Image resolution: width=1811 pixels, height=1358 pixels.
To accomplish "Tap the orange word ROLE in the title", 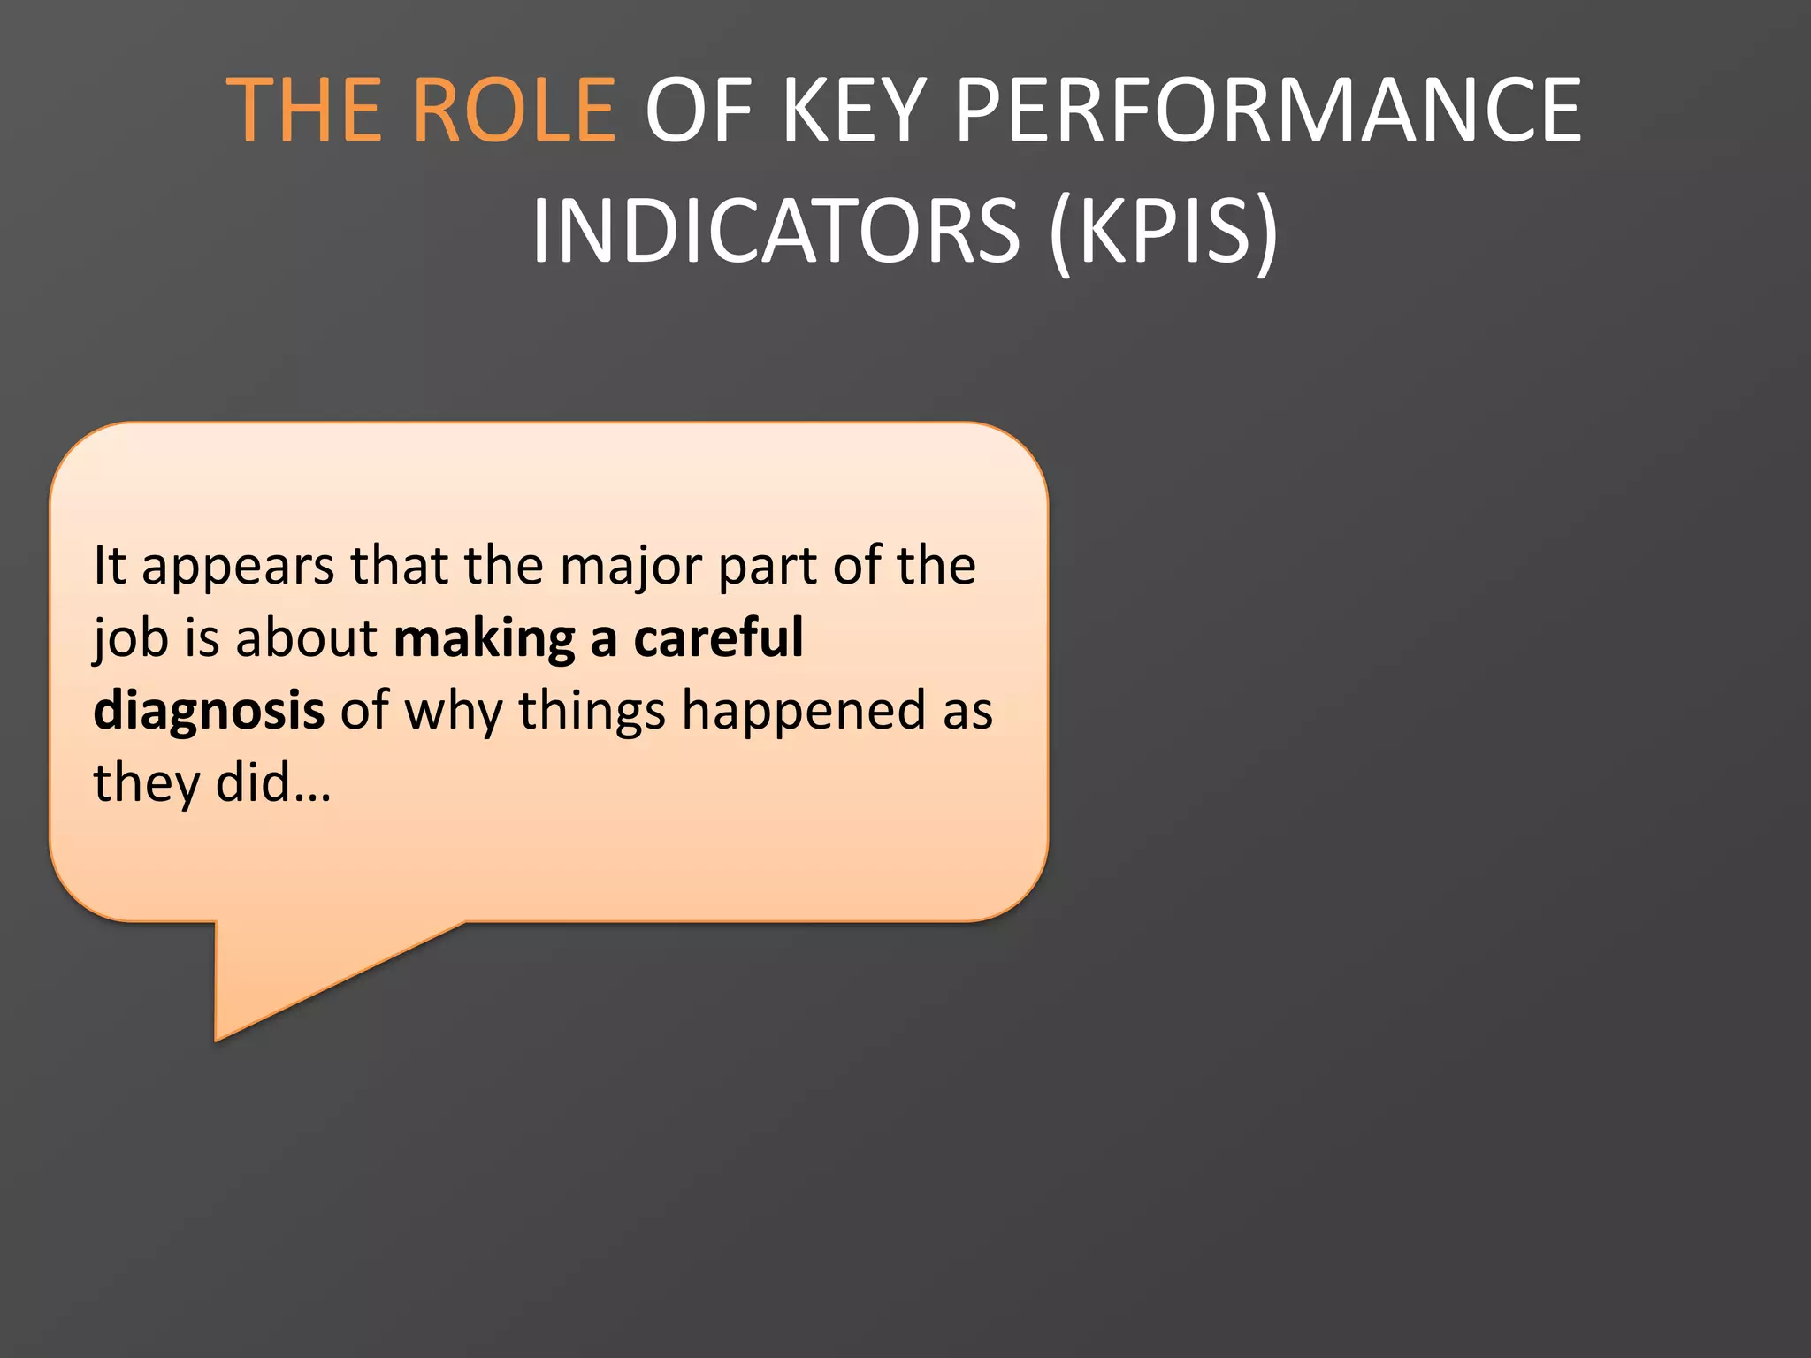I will pyautogui.click(x=514, y=111).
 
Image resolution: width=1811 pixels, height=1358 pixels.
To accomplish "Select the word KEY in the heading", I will pyautogui.click(x=853, y=111).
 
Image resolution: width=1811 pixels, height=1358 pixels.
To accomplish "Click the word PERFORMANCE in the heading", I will pyautogui.click(x=1268, y=111).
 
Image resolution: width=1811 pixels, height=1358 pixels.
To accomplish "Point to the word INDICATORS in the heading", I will pyautogui.click(x=776, y=231).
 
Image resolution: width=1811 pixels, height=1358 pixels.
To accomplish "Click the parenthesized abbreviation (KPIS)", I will pyautogui.click(x=1164, y=231).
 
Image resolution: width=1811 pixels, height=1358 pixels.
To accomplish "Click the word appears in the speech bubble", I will pyautogui.click(x=238, y=568).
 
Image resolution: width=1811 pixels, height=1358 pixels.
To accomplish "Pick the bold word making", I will pyautogui.click(x=485, y=639).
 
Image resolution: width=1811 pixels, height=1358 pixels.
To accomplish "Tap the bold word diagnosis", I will pyautogui.click(x=209, y=712).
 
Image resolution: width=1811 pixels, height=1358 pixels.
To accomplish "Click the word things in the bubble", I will pyautogui.click(x=591, y=712).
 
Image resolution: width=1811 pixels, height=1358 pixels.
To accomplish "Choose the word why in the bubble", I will pyautogui.click(x=454, y=712).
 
